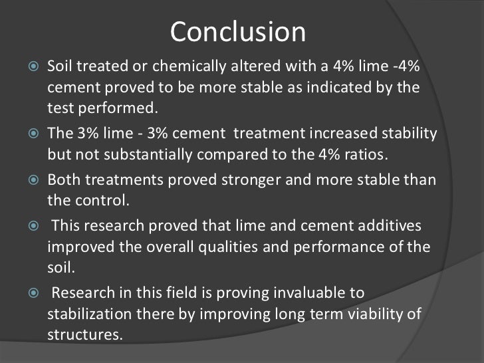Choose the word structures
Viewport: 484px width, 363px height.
[85, 334]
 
